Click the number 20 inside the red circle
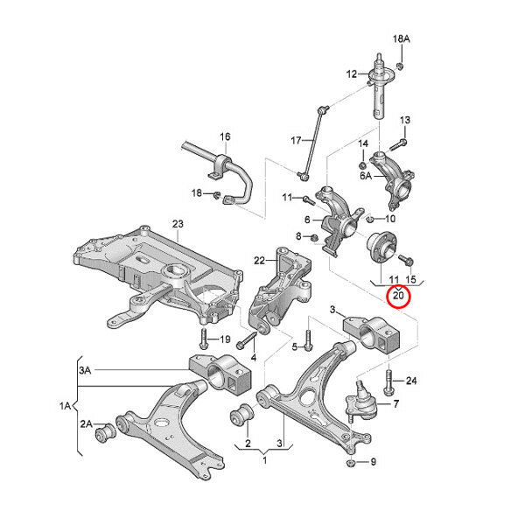tap(398, 296)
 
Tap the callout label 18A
tap(402, 38)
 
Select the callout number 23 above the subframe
tap(178, 224)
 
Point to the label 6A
tap(366, 175)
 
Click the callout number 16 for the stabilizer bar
tap(226, 136)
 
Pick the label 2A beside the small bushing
tap(86, 423)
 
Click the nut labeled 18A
tap(400, 66)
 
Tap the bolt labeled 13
tap(398, 144)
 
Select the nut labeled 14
tap(362, 165)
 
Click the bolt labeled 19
tap(203, 339)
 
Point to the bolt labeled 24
tap(388, 381)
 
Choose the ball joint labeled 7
tap(360, 402)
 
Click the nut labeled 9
tap(350, 463)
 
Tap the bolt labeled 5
tap(308, 341)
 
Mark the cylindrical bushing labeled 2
tap(242, 416)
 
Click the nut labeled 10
tap(369, 220)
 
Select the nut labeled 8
tap(314, 238)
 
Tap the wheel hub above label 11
tap(381, 247)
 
